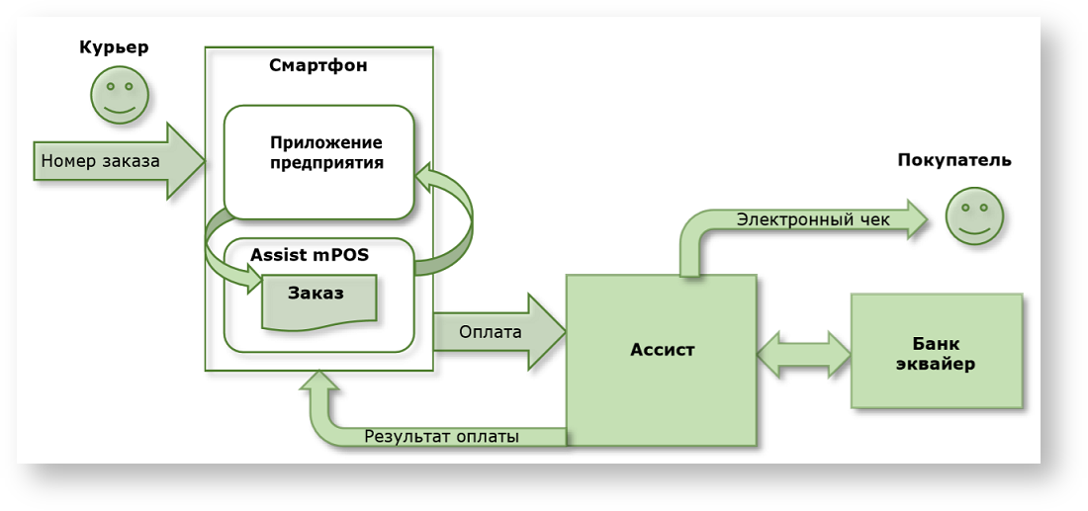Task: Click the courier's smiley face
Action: click(120, 96)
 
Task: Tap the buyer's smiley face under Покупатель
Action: click(974, 215)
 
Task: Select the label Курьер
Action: click(114, 47)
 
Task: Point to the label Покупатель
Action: click(954, 160)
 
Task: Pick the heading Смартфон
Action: click(318, 66)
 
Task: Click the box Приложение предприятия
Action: click(318, 161)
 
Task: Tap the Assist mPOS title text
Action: click(310, 254)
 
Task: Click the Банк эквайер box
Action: click(936, 351)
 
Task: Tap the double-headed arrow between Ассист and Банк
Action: click(804, 353)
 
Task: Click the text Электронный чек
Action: click(813, 219)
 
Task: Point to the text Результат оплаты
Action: click(441, 436)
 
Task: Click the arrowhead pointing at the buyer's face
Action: click(915, 219)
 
